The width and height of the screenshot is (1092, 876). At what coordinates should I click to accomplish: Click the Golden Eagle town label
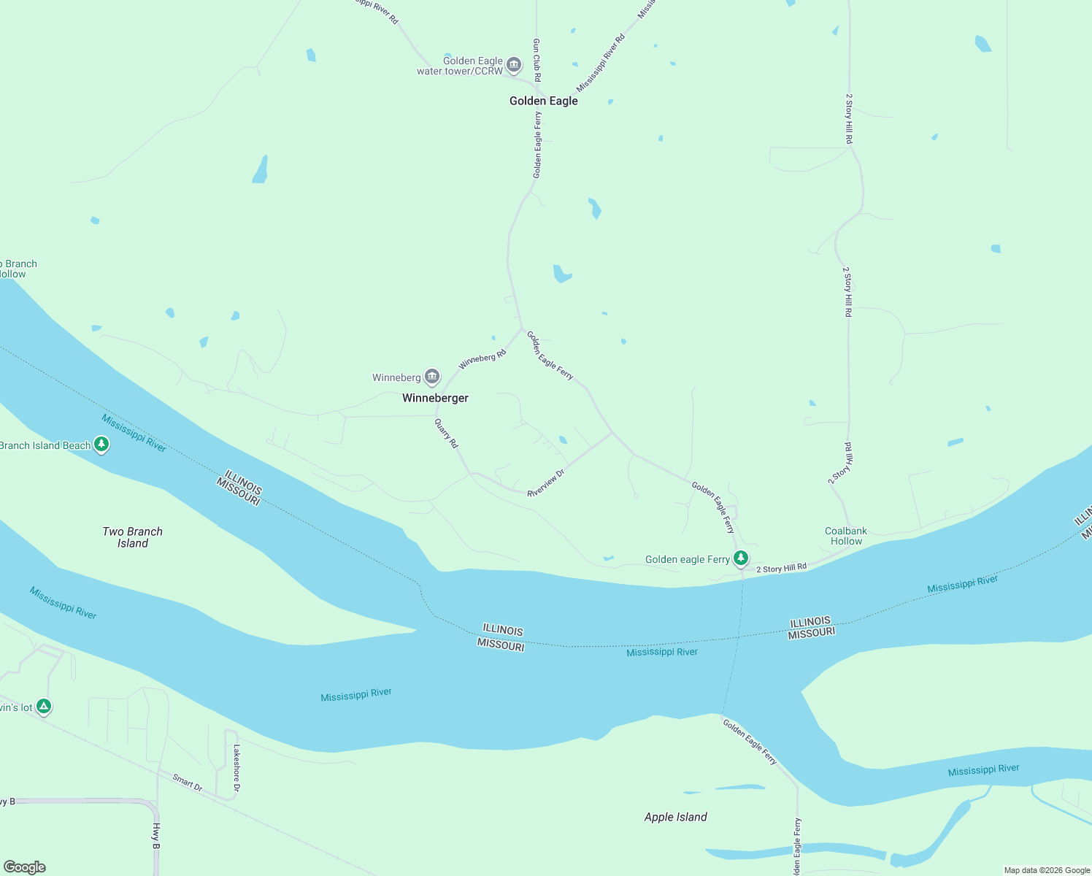544,101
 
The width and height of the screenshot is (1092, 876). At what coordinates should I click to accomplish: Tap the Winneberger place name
435,399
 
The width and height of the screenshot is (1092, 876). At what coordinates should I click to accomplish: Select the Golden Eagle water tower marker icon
514,66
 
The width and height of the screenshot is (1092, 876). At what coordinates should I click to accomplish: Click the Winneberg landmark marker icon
432,377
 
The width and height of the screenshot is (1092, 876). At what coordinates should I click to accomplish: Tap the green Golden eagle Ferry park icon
741,558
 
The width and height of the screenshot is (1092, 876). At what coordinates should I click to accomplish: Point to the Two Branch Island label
133,537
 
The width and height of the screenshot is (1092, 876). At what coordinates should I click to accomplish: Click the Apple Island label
675,817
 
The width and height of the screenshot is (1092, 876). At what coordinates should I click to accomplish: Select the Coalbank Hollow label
846,536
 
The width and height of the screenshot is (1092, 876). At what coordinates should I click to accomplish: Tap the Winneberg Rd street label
482,359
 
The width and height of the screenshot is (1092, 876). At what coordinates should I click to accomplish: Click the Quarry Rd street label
446,433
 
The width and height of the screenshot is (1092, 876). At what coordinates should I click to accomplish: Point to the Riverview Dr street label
546,484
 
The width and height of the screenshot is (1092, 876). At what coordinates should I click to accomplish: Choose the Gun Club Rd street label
537,60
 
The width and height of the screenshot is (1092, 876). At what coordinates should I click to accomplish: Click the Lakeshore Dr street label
237,767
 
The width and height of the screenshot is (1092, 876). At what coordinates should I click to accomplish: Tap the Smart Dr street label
188,782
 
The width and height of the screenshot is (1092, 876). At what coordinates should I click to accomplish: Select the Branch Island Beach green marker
101,444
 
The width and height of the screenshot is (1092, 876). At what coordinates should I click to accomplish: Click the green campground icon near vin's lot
44,706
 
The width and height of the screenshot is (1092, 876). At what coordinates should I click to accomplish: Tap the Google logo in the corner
25,867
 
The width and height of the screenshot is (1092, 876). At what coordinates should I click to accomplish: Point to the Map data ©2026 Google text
1047,870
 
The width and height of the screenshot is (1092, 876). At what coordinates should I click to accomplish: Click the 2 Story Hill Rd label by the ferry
781,568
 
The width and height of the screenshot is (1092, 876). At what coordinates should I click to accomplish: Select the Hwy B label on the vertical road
156,836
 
